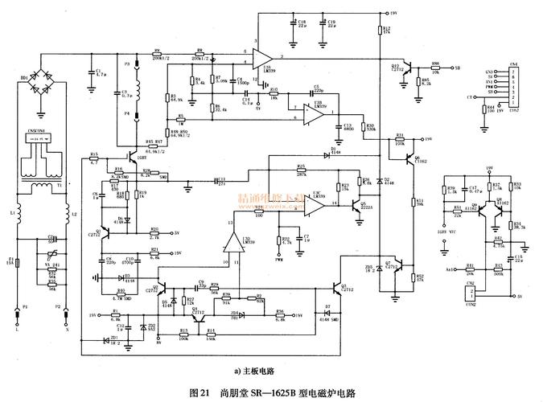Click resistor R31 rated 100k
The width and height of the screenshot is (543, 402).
pos(399,140)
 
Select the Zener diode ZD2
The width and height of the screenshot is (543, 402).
pos(144,327)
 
